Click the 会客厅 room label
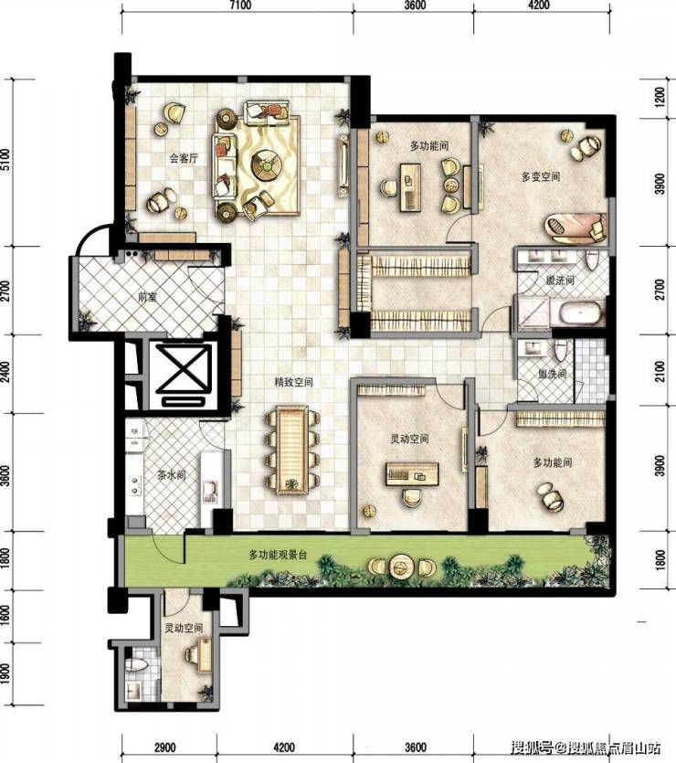(184, 159)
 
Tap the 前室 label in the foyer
(148, 296)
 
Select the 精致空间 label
(293, 383)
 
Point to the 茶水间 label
(171, 475)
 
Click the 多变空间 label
(541, 176)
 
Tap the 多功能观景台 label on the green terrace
(278, 555)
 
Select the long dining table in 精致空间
(291, 450)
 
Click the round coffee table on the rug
(267, 165)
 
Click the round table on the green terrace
(401, 567)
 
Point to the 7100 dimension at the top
(240, 5)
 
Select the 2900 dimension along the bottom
(164, 747)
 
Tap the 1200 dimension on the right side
(660, 97)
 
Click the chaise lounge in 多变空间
(576, 227)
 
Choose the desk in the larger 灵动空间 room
(412, 474)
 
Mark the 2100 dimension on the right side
(660, 371)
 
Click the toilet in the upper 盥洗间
(591, 260)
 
